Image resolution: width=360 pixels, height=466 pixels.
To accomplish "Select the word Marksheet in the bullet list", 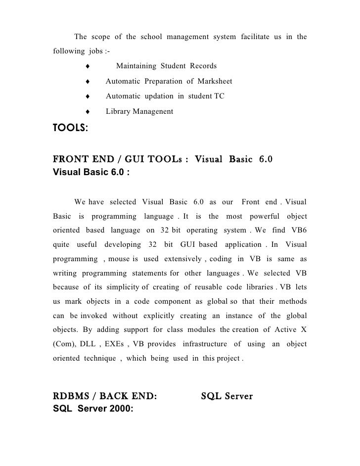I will click(x=215, y=81).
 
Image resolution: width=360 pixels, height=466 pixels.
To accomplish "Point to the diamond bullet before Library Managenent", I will click(x=87, y=112).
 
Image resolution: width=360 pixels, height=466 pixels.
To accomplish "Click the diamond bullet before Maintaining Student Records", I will click(x=87, y=66).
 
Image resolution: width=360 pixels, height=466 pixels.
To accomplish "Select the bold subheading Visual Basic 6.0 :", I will click(x=91, y=173).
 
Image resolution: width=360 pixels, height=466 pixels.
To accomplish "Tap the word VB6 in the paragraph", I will click(x=296, y=231).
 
